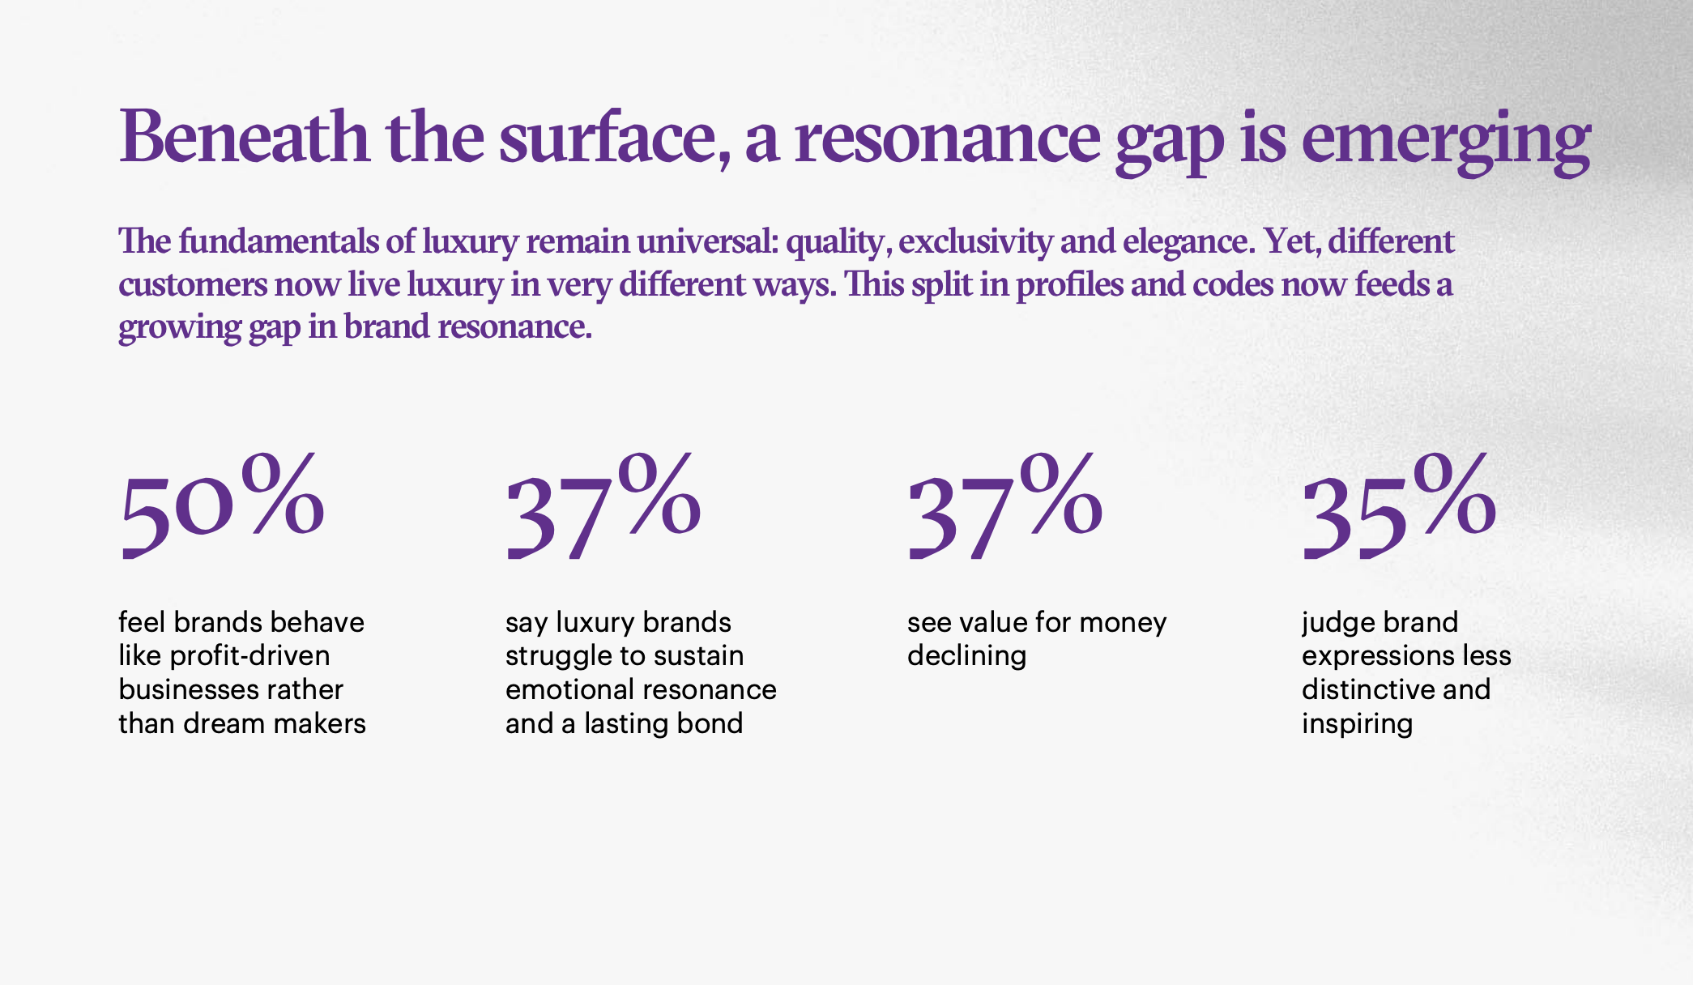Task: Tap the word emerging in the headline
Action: click(x=1446, y=139)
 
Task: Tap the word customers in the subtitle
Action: click(x=193, y=284)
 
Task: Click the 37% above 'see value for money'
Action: click(x=1004, y=507)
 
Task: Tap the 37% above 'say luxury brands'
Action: click(x=603, y=507)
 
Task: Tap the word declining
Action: click(x=966, y=655)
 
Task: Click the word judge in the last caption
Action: click(x=1337, y=622)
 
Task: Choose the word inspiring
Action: click(x=1357, y=723)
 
